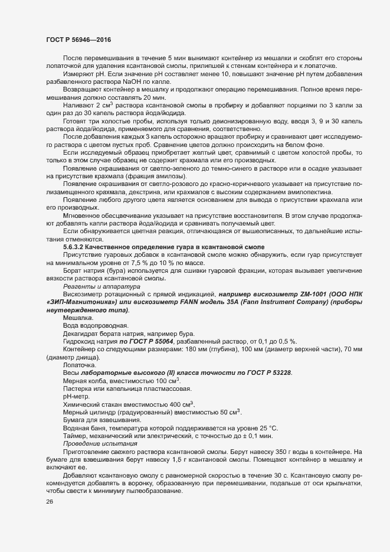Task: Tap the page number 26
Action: (x=50, y=502)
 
